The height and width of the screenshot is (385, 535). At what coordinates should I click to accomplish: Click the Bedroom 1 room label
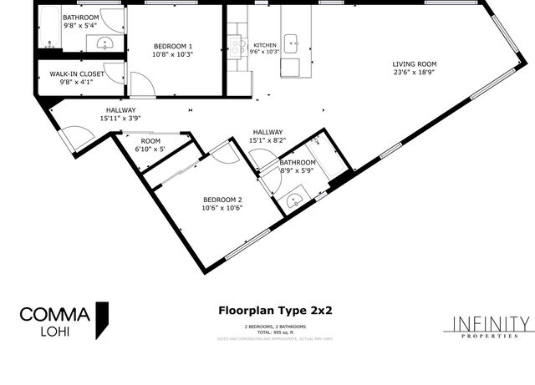click(172, 45)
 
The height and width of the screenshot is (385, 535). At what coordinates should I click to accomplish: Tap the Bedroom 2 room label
click(222, 199)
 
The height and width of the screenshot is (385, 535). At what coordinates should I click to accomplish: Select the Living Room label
click(415, 63)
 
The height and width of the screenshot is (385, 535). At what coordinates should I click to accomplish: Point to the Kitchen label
click(265, 45)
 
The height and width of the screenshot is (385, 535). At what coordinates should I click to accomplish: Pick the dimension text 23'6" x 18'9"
click(415, 73)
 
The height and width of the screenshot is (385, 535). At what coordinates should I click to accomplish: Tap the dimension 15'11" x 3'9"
click(120, 119)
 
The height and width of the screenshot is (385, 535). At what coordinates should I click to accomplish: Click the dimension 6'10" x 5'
click(150, 149)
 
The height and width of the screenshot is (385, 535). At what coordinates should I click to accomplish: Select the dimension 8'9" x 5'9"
click(298, 170)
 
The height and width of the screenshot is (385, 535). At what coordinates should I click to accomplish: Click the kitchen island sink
click(292, 39)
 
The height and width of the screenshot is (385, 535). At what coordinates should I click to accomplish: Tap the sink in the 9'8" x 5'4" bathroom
click(105, 42)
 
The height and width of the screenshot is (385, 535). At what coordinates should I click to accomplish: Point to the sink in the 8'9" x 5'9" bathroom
click(294, 200)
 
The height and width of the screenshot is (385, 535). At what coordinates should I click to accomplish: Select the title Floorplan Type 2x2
click(275, 310)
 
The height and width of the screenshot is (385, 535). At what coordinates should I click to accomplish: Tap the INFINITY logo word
click(491, 323)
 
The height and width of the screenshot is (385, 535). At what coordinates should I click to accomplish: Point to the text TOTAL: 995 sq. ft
click(275, 332)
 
